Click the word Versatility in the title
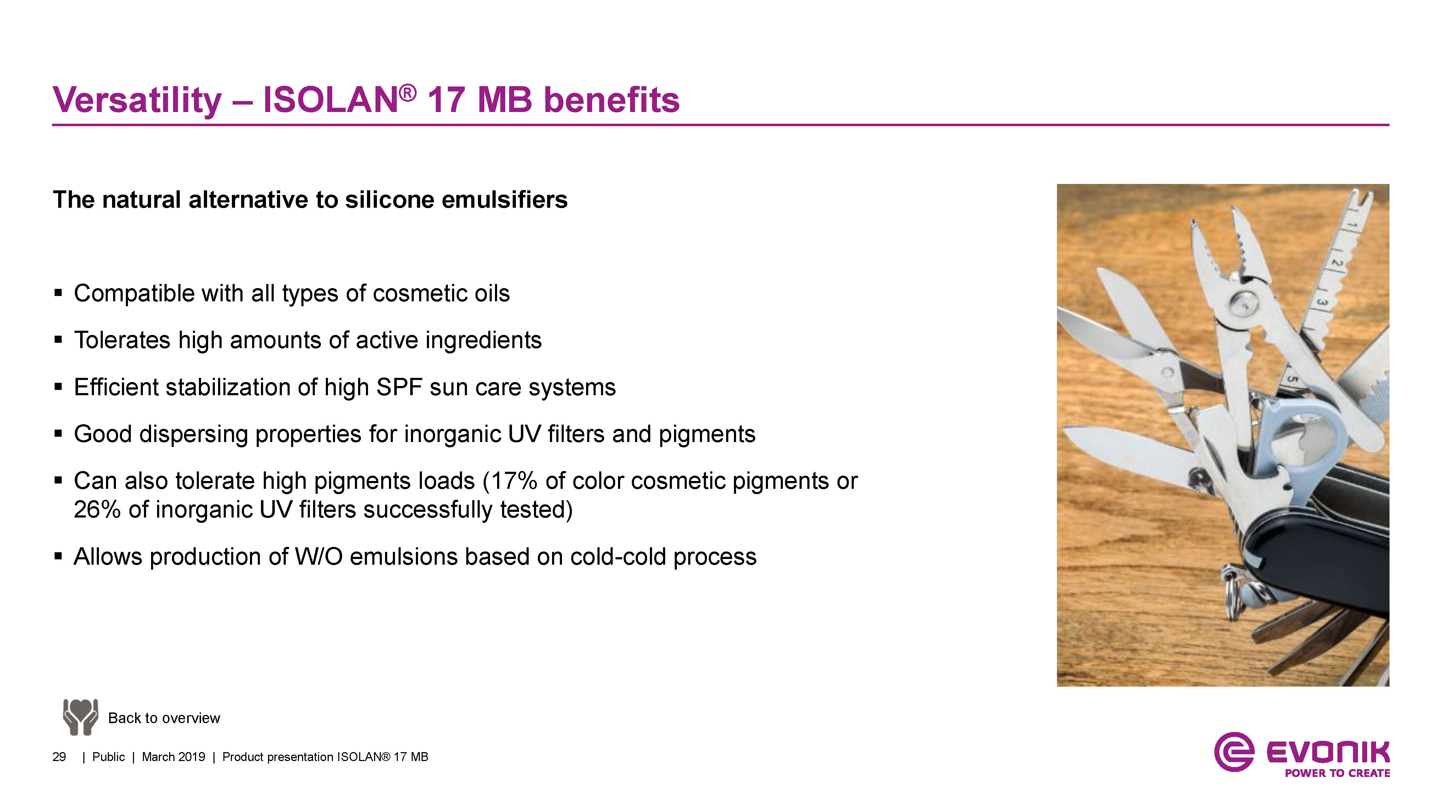click(x=137, y=100)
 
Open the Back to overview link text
click(x=164, y=718)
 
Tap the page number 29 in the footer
click(x=59, y=757)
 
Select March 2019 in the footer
click(x=173, y=757)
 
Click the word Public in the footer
click(x=108, y=757)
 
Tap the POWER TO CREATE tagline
click(x=1337, y=773)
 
